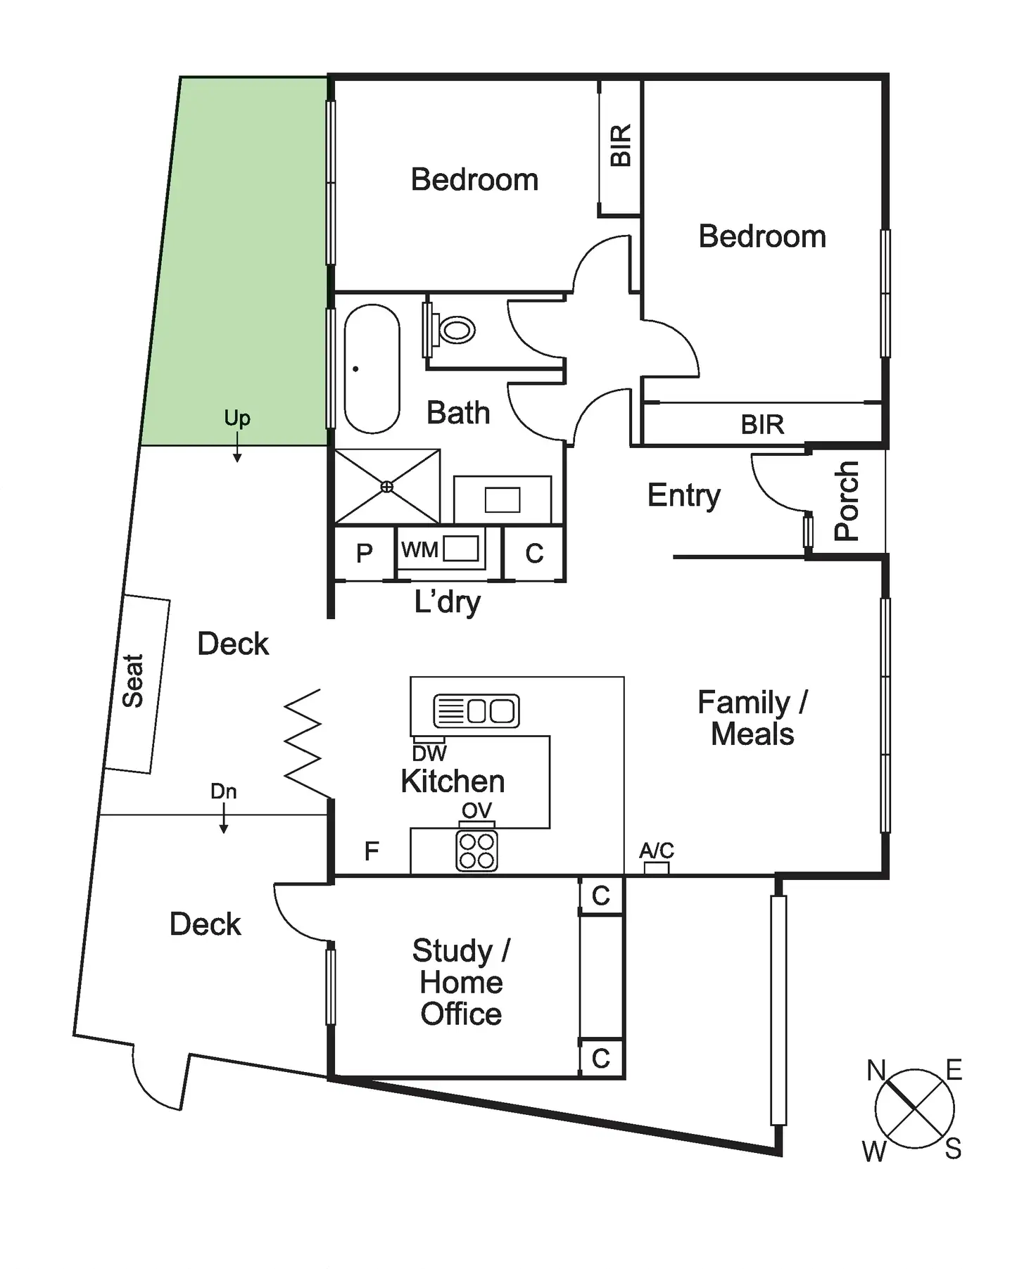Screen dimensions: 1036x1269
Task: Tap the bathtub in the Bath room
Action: coord(372,369)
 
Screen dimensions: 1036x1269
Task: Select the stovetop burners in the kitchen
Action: coord(477,851)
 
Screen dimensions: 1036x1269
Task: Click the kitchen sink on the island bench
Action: coord(476,710)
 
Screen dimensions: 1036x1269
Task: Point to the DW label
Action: coord(429,753)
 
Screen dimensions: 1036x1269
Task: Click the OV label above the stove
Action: coord(476,810)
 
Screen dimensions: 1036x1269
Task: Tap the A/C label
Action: coord(657,850)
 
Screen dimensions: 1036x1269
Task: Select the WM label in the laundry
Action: coord(419,549)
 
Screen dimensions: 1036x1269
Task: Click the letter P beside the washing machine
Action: coord(364,554)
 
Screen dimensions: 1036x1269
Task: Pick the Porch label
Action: coord(847,501)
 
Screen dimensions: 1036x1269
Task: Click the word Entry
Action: coord(683,496)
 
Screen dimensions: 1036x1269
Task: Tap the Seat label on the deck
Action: coord(133,680)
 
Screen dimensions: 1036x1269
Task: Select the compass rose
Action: coord(914,1110)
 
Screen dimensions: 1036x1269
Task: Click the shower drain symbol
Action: coord(386,487)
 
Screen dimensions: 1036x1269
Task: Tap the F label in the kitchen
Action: coord(372,852)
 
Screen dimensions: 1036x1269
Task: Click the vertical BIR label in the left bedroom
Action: coord(621,146)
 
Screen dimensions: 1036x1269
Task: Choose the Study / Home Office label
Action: coord(461,982)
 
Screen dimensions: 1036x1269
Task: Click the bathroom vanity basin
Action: coord(503,500)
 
